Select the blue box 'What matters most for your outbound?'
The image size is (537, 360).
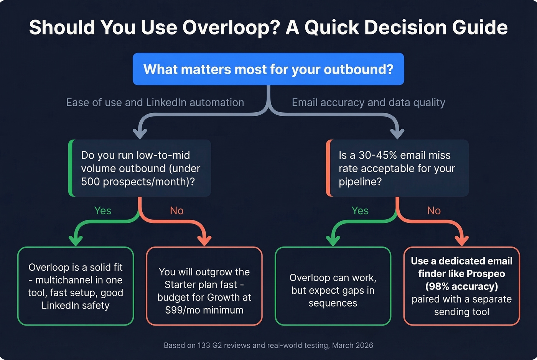pos(268,69)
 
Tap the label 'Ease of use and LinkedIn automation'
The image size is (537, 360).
pos(155,103)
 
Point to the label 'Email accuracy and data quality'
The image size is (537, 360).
pos(368,103)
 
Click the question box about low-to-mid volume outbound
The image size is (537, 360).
pos(140,168)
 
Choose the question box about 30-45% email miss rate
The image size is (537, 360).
pos(398,168)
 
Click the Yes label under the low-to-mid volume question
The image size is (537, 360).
pos(102,210)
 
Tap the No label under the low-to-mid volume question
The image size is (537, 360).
pos(176,210)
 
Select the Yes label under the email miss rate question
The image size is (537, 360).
pos(360,210)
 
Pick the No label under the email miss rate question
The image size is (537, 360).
pos(434,210)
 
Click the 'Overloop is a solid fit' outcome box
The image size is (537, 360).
pos(76,286)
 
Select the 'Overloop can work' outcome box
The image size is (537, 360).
pos(333,286)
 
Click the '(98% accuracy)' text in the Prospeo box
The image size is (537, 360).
pos(461,286)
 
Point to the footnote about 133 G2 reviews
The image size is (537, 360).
pos(268,345)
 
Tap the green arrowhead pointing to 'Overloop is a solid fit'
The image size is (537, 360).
pos(76,241)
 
